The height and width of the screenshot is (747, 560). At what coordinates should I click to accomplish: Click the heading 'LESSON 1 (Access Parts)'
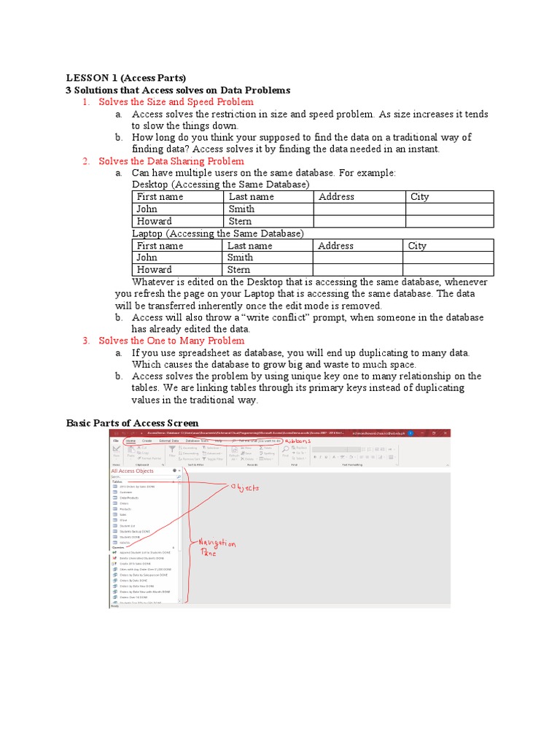click(x=126, y=78)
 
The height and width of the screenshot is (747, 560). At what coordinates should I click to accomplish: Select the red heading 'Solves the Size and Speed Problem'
click(x=176, y=102)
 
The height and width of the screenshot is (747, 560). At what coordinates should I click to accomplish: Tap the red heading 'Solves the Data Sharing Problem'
click(x=171, y=161)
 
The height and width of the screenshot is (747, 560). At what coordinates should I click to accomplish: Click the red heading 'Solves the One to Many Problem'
click(x=171, y=341)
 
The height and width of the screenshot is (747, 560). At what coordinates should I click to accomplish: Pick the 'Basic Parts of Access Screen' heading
click(x=132, y=423)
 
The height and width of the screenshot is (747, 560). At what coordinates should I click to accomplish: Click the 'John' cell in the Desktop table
click(x=147, y=209)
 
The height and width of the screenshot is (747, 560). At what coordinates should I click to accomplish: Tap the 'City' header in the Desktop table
click(x=420, y=197)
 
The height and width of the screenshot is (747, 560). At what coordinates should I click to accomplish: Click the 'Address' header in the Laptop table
click(x=335, y=246)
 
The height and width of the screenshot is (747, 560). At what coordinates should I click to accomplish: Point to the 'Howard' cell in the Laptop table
click(x=154, y=269)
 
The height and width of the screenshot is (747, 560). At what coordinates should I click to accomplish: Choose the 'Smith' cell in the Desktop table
click(x=241, y=209)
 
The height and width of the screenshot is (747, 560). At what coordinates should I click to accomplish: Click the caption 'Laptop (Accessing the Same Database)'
click(x=217, y=233)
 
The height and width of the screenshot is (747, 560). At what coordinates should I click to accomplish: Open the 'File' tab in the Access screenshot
click(x=115, y=441)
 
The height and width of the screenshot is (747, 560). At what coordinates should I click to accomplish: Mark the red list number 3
click(x=85, y=341)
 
